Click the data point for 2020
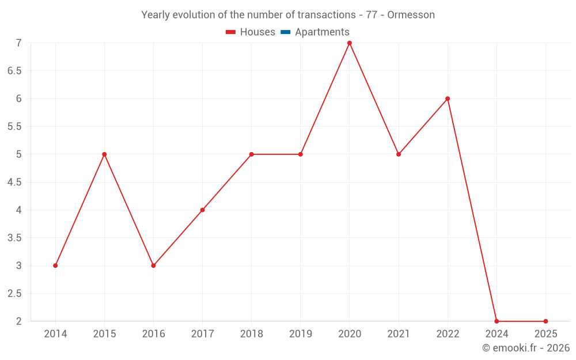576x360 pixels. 350,43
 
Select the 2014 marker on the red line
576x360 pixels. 55,266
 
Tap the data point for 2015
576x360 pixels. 104,154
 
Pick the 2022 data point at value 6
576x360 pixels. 448,98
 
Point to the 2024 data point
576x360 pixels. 497,321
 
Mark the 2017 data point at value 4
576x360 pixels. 203,210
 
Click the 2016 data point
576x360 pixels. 153,266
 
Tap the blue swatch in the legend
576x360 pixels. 286,32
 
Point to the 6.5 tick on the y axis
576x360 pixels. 14,71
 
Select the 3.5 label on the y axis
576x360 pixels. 14,238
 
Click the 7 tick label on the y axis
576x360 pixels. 18,43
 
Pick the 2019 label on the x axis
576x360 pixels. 301,334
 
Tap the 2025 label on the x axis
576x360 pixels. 545,334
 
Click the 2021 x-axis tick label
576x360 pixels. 399,334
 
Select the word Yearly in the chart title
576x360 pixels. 156,15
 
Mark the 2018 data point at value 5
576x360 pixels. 252,154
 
